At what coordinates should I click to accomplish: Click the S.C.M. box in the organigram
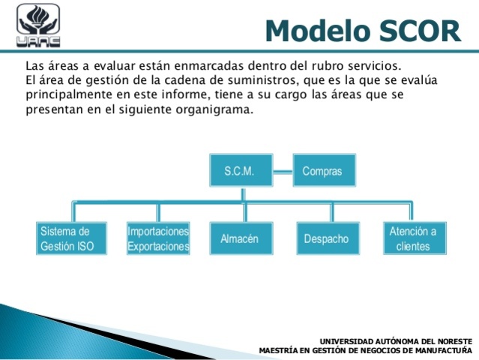(239, 171)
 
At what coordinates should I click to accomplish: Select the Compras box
(322, 171)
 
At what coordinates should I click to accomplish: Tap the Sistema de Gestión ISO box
(67, 238)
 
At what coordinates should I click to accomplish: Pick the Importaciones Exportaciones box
(158, 238)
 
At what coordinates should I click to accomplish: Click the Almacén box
(239, 238)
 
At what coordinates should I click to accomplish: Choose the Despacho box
(326, 238)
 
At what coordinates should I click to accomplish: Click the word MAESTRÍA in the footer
(279, 349)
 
